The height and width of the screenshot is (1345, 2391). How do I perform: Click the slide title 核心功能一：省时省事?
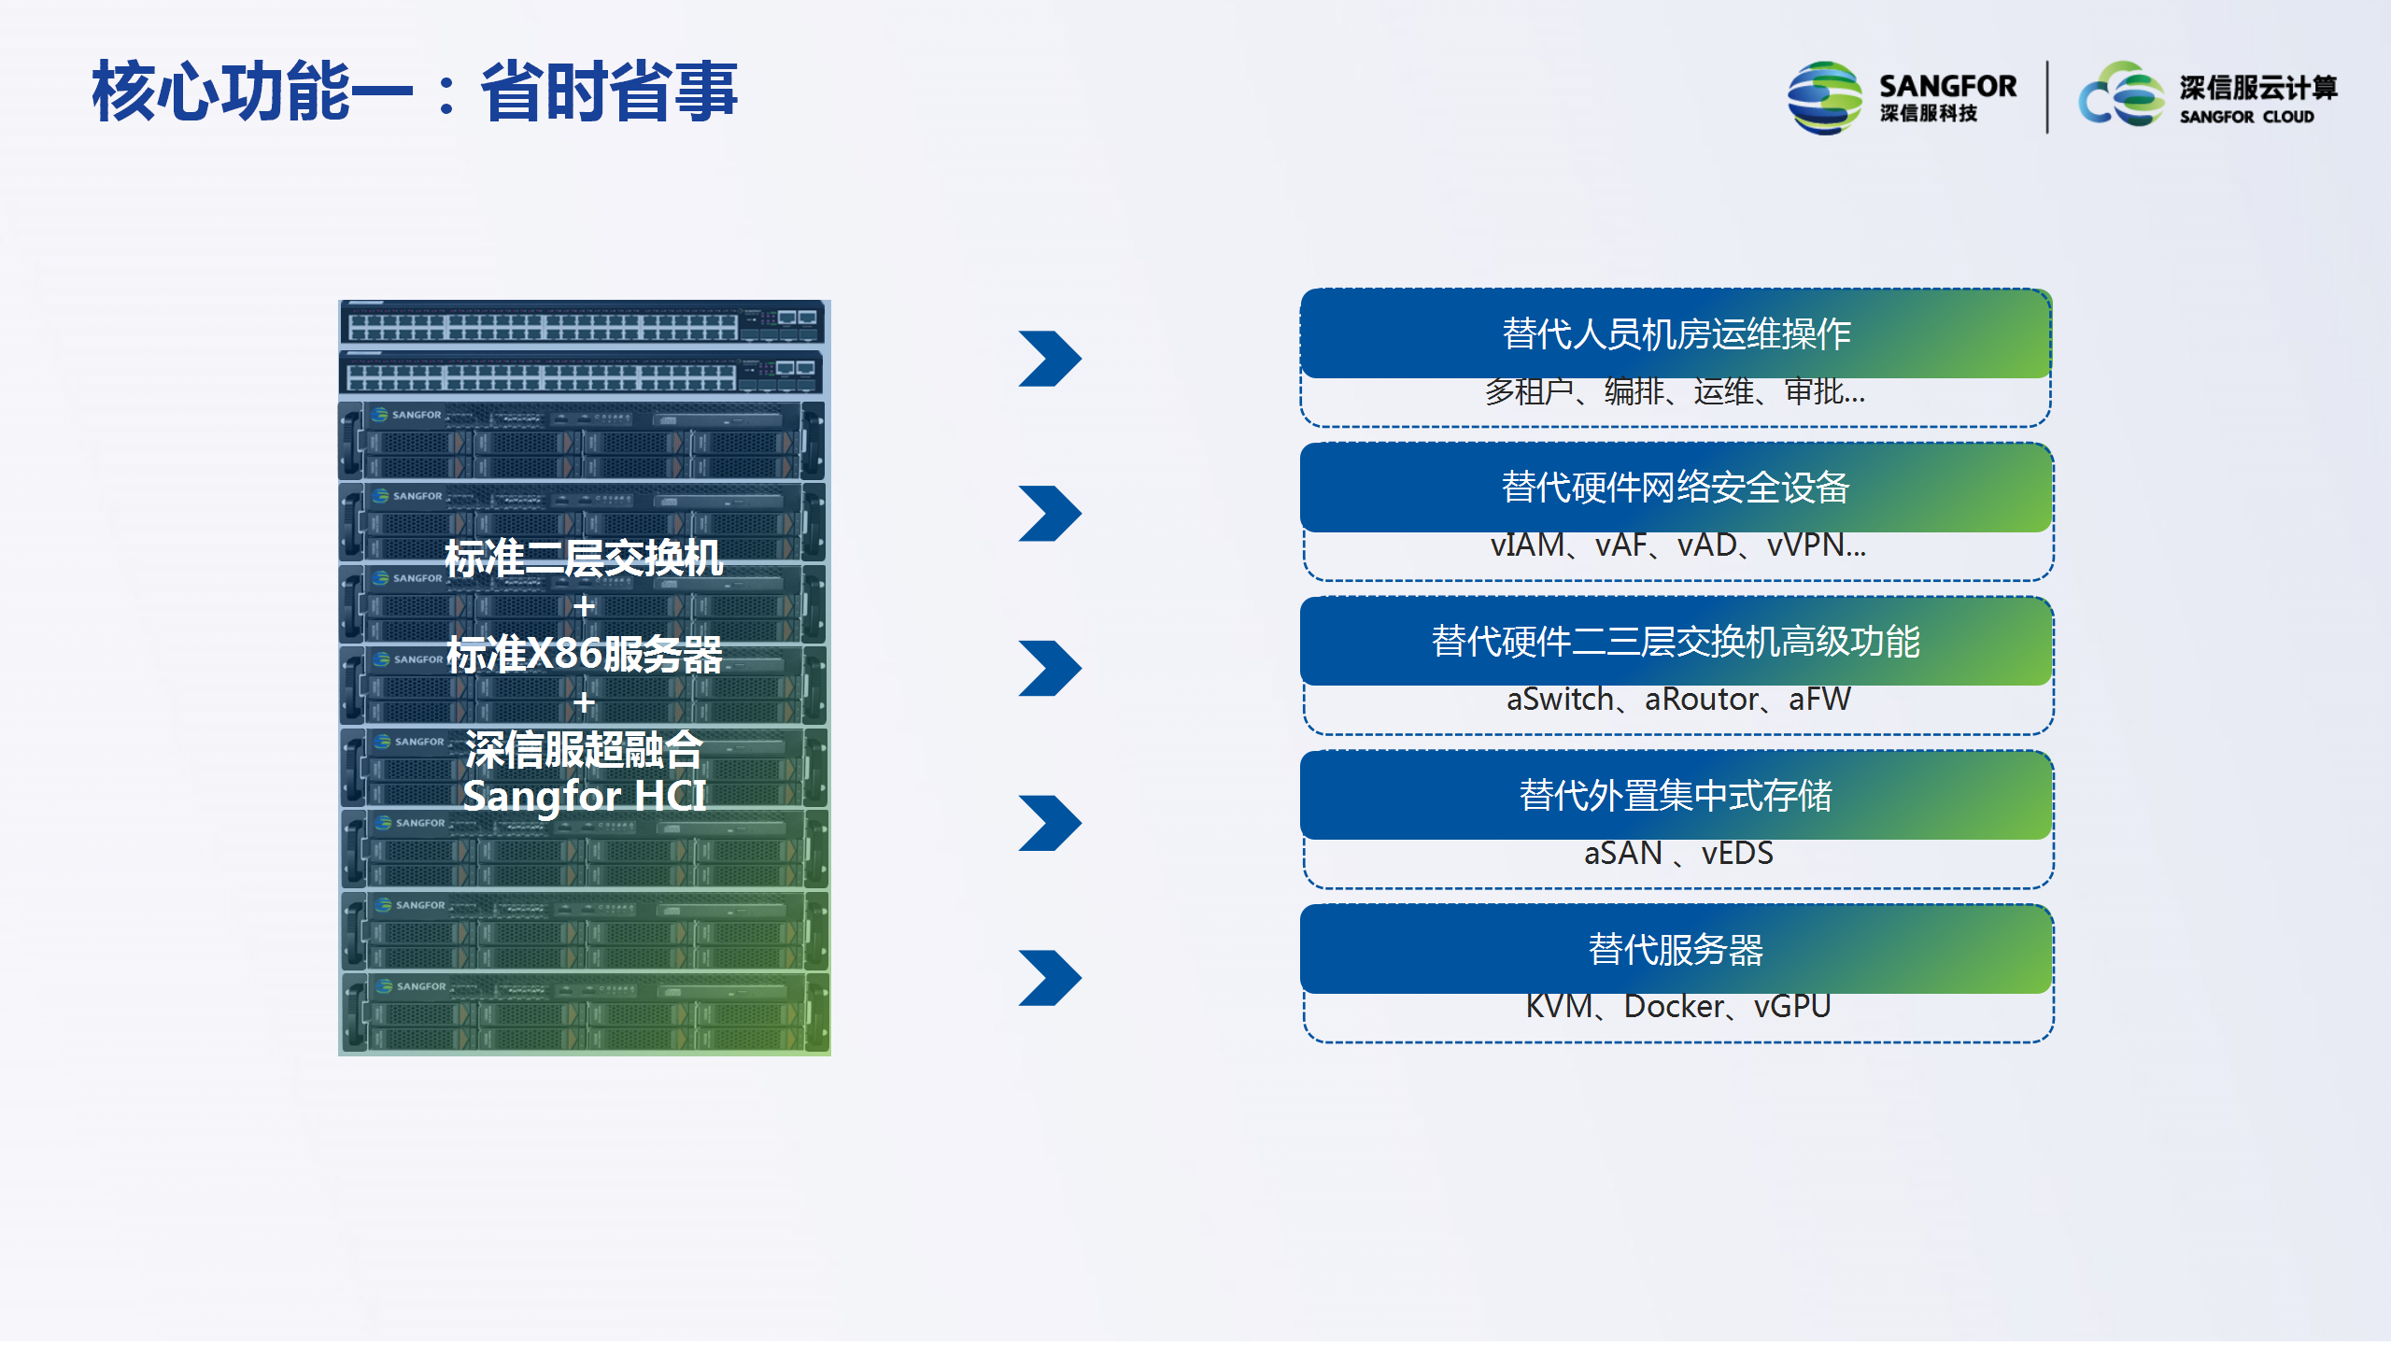pos(415,92)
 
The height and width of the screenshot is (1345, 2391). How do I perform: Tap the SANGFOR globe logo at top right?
pos(1824,98)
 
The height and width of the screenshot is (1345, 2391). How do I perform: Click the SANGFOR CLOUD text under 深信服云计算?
pos(2246,117)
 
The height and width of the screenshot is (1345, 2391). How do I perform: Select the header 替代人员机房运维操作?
pos(1676,333)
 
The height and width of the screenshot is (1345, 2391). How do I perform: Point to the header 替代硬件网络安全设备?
pos(1676,488)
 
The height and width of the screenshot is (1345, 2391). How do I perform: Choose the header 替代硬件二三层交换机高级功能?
pos(1676,642)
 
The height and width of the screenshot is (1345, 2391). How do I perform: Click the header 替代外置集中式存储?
pos(1676,796)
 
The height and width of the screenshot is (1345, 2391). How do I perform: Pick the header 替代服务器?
pos(1676,950)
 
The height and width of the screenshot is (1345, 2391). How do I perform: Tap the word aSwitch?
pos(1560,699)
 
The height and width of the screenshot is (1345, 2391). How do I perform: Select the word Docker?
pos(1674,1006)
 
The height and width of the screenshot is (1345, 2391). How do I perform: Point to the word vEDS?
pos(1737,853)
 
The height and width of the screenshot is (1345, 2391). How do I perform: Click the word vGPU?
pos(1792,1006)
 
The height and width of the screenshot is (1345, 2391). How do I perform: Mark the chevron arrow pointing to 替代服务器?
pos(1050,978)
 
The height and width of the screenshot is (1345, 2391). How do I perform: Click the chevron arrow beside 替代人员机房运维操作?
pos(1050,359)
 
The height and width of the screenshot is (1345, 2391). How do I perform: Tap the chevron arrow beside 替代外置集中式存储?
pos(1050,823)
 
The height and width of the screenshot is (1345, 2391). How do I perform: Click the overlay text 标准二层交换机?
pos(584,559)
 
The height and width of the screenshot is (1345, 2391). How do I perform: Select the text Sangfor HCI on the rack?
pos(584,796)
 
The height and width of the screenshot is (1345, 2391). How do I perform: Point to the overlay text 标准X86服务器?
pos(584,654)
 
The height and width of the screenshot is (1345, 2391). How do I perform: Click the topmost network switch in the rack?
pos(583,324)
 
